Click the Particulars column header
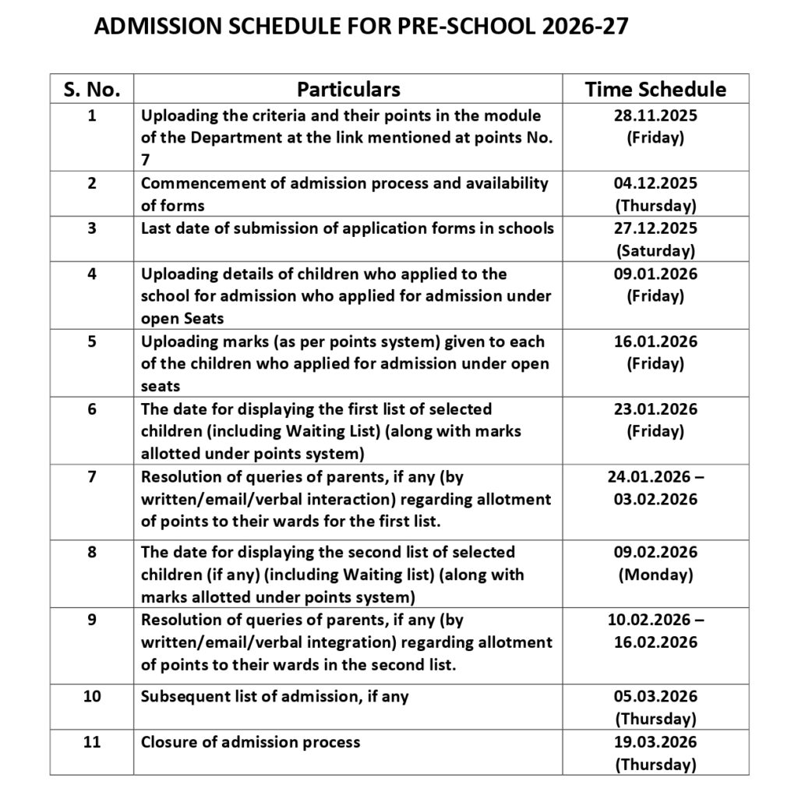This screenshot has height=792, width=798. (x=348, y=89)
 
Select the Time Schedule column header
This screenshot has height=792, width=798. (x=655, y=89)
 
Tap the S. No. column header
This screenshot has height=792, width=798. (x=92, y=89)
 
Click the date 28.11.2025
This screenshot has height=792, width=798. (x=655, y=116)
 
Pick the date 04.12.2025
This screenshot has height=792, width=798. (x=655, y=184)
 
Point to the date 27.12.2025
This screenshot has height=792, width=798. (x=655, y=228)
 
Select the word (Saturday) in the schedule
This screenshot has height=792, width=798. (x=655, y=251)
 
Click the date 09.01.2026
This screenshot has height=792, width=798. (x=655, y=274)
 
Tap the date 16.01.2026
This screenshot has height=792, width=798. (x=655, y=341)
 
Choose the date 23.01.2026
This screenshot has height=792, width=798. (x=655, y=409)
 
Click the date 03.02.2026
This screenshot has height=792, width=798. (x=655, y=499)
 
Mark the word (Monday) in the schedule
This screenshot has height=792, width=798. (x=655, y=575)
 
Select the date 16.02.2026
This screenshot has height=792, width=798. (x=655, y=642)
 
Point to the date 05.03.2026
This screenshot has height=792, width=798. (x=655, y=696)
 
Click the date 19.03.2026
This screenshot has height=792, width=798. (x=655, y=741)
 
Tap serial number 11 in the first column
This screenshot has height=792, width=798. (x=92, y=741)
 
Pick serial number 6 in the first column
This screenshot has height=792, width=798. (x=92, y=409)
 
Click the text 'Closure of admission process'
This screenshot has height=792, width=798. (x=250, y=741)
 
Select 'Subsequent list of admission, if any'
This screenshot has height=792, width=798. (x=274, y=696)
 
